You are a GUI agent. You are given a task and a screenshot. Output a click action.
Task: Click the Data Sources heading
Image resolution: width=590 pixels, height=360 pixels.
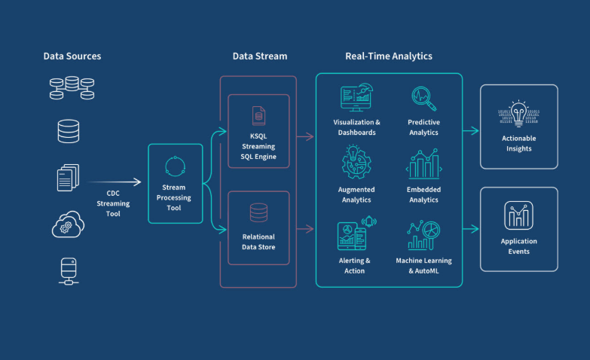click(72, 56)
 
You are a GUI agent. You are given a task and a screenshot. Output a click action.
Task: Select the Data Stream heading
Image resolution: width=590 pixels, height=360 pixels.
click(259, 56)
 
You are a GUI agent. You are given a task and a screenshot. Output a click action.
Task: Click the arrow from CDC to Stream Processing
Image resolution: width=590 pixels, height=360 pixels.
click(121, 182)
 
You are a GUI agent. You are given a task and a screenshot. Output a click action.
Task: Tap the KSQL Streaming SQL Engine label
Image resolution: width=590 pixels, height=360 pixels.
click(258, 146)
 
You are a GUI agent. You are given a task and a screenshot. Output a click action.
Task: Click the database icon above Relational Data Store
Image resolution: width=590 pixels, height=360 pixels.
click(258, 213)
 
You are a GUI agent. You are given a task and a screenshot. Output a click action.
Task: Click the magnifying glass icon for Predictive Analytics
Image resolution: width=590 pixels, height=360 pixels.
click(423, 97)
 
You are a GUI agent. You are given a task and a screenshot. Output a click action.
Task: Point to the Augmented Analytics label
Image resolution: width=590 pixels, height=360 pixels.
click(356, 195)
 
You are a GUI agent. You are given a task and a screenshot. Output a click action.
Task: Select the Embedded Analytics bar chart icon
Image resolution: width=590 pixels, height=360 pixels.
click(423, 163)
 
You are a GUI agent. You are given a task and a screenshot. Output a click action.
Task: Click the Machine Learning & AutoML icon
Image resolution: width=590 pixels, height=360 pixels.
click(423, 233)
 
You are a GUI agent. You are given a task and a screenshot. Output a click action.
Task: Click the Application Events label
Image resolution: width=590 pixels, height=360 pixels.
click(519, 246)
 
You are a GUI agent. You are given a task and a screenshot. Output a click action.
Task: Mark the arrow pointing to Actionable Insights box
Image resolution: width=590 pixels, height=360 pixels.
click(471, 130)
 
